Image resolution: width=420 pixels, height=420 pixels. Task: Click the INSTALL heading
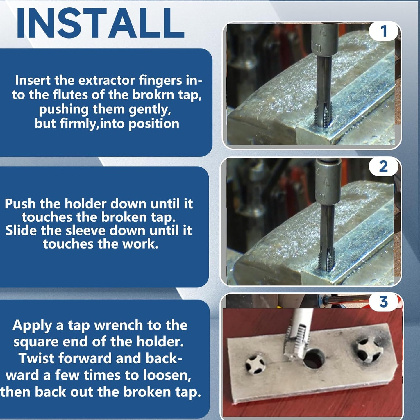pyautogui.click(x=100, y=23)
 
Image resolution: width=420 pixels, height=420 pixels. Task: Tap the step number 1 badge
pyautogui.click(x=384, y=31)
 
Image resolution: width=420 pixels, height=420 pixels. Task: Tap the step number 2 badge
pyautogui.click(x=383, y=167)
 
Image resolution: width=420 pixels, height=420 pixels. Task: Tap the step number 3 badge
pyautogui.click(x=384, y=302)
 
